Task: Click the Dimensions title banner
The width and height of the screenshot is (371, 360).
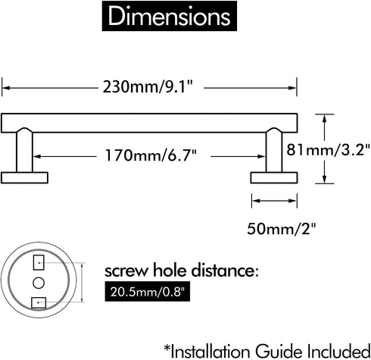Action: [170, 16]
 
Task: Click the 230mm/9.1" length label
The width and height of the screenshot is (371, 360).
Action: [148, 86]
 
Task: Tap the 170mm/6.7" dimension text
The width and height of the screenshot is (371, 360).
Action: [151, 155]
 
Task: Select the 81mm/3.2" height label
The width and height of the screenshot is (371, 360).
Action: [328, 150]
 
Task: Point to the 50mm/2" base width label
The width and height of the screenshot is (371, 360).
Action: [282, 229]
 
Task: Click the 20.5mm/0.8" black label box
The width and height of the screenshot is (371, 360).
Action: [148, 293]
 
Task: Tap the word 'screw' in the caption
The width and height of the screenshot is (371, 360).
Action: [126, 271]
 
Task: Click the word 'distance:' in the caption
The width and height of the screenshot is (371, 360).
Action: [225, 271]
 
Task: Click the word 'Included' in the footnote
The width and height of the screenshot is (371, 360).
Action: [338, 351]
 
